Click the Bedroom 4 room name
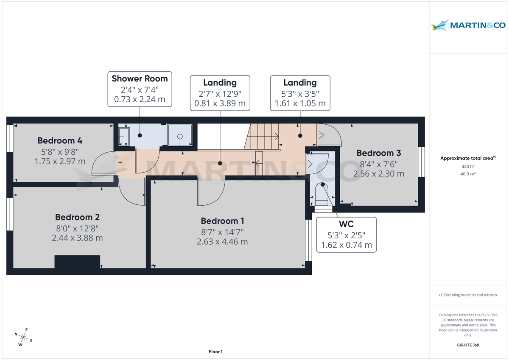[60, 141]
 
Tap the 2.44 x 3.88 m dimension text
[77, 238]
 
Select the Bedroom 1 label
[222, 221]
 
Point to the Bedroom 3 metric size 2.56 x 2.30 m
[379, 173]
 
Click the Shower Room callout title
[140, 78]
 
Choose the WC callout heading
[346, 224]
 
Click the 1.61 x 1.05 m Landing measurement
[300, 103]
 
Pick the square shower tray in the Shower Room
[180, 137]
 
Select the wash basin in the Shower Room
[124, 137]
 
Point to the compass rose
[23, 338]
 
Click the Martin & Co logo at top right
[468, 25]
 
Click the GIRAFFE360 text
[468, 345]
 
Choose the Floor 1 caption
[215, 352]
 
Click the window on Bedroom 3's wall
[421, 162]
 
